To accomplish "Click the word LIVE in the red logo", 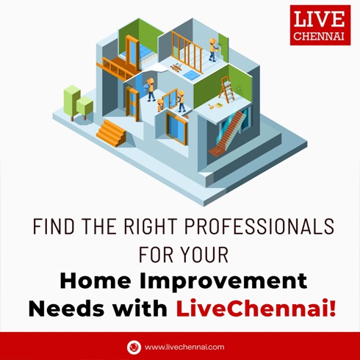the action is [320, 19].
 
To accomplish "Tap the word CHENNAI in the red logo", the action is [319, 36].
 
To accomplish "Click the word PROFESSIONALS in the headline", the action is [259, 226].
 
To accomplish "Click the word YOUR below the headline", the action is [205, 255].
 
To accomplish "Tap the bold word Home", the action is [96, 281].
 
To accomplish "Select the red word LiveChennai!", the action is [256, 309].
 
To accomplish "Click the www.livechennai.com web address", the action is [184, 347].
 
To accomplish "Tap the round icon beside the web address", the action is [134, 347].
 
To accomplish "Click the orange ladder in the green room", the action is [227, 89].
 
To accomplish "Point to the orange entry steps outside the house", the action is [111, 132].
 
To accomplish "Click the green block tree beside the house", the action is [78, 103].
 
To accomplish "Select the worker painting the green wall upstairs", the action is [213, 50].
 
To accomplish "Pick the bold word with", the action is [140, 309].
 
